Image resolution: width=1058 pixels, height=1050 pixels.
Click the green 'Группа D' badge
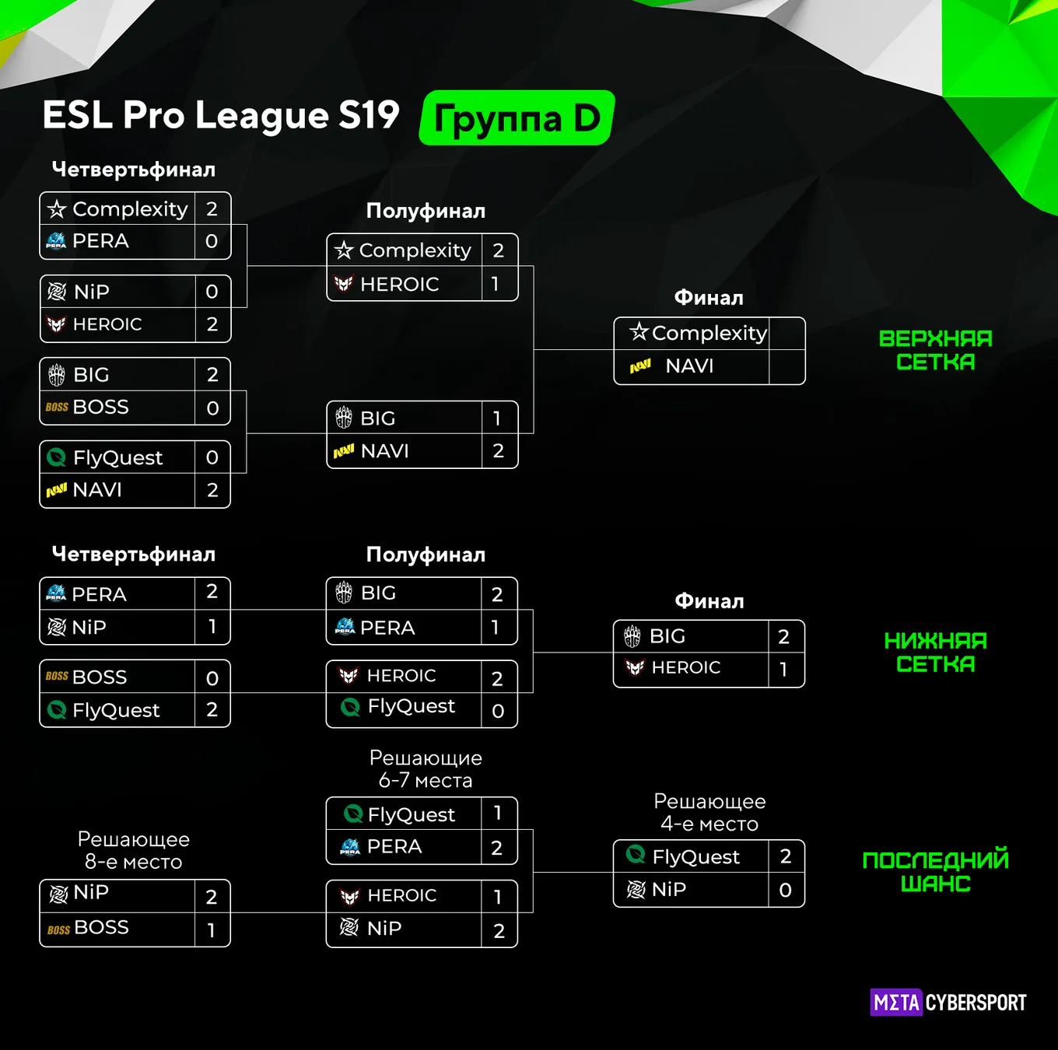517,117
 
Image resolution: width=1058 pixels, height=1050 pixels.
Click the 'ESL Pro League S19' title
221,115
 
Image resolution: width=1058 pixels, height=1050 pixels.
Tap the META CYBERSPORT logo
948,1003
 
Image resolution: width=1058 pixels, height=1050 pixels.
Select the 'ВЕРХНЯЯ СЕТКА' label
936,350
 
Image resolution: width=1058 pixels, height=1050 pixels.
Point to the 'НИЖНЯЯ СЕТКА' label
936,652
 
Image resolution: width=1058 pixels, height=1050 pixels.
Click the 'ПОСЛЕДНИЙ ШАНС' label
936,872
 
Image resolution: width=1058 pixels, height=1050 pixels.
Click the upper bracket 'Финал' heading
709,298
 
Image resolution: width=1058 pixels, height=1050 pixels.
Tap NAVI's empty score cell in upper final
786,366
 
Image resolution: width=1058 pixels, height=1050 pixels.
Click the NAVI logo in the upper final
640,366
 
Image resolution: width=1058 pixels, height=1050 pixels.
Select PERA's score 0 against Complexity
212,241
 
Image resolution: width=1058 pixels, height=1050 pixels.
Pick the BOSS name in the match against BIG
100,407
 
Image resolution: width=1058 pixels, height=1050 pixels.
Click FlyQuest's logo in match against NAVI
56,457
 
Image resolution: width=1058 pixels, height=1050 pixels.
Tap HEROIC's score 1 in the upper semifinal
496,284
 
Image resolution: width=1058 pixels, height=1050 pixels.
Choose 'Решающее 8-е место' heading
133,850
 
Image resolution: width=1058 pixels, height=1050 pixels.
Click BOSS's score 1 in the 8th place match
211,930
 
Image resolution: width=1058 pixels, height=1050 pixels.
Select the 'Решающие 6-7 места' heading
426,768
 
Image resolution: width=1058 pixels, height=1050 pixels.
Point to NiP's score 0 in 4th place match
785,890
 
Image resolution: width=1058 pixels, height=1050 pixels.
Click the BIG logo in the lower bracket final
632,636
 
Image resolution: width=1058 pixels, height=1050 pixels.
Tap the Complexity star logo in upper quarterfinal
57,208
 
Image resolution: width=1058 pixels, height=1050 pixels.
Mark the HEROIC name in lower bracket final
685,667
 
